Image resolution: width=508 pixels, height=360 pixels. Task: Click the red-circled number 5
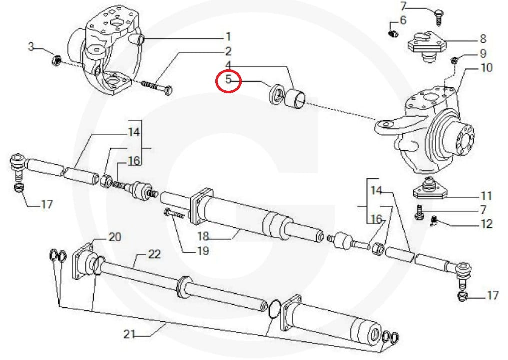(x=228, y=80)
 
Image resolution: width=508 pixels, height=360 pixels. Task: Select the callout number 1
(x=228, y=37)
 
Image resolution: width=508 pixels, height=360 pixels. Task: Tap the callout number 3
(x=31, y=48)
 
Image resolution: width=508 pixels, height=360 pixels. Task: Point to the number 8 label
(x=482, y=38)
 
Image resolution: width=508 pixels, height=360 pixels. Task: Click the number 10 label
(x=485, y=67)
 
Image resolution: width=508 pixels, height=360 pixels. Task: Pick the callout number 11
(x=485, y=196)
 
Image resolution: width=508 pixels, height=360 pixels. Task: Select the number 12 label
(x=485, y=224)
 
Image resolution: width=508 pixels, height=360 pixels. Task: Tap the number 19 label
(x=202, y=251)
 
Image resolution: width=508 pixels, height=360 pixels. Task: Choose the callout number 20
(x=115, y=237)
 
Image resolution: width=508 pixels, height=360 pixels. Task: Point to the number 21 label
(x=130, y=334)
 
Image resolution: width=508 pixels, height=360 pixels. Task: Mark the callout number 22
(x=154, y=255)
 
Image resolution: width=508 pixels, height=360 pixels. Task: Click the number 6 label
(x=403, y=21)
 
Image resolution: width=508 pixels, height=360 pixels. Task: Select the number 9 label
(x=482, y=53)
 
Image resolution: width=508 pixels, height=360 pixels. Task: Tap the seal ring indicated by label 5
(x=275, y=95)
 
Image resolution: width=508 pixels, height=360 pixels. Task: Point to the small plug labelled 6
(x=392, y=33)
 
